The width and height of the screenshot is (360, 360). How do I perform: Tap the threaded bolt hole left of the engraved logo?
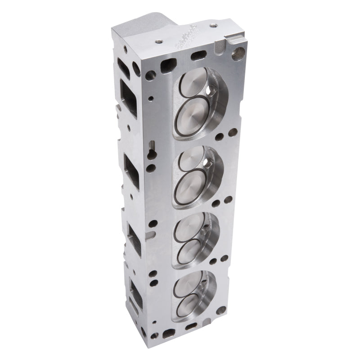pyautogui.click(x=158, y=41)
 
